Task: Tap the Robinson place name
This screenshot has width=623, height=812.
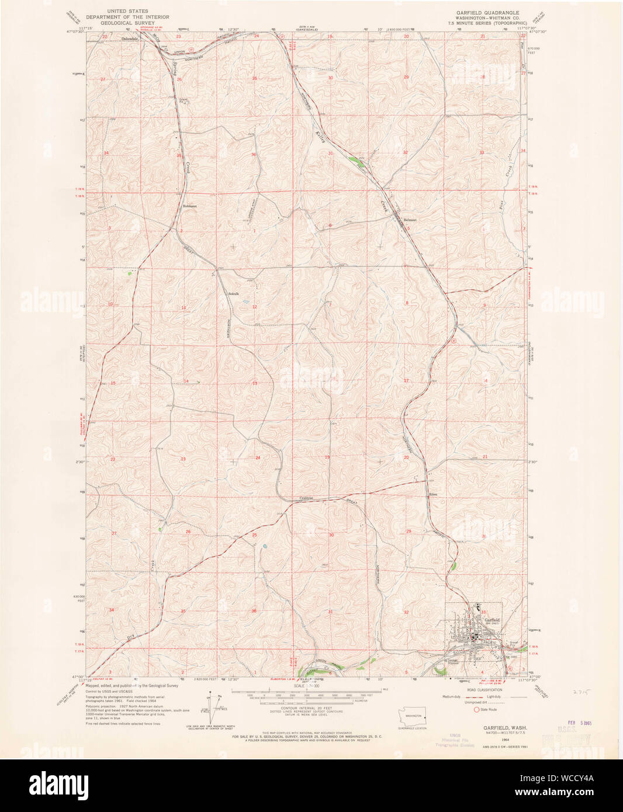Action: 190,206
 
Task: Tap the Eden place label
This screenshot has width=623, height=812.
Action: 433,494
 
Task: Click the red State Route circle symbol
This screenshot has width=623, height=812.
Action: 476,709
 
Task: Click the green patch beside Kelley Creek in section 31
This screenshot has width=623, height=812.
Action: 353,158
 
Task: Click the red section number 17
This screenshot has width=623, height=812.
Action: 406,380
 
